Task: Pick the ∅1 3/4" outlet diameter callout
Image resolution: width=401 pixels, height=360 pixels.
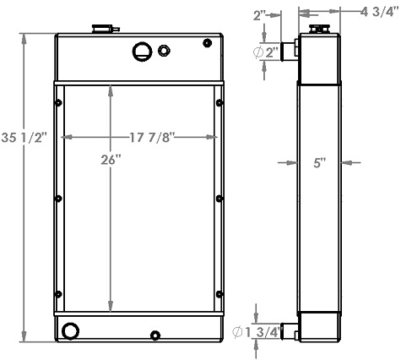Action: pyautogui.click(x=265, y=332)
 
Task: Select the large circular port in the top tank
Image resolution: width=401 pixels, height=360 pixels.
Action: pyautogui.click(x=141, y=52)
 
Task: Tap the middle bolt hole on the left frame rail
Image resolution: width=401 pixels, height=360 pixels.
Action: pyautogui.click(x=57, y=199)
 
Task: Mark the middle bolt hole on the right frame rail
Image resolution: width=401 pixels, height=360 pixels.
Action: pyautogui.click(x=219, y=199)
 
